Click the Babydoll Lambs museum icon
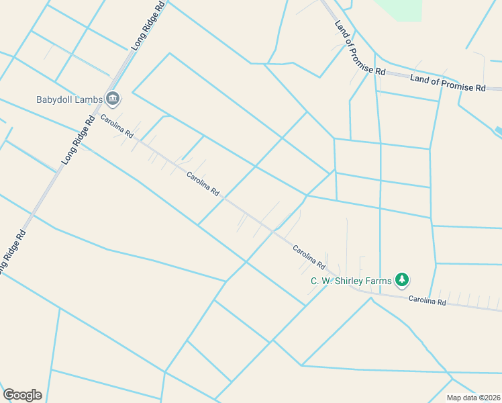pos(112,99)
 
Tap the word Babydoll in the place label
pos(54,100)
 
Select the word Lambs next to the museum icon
pos(89,100)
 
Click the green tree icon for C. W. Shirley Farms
pos(402,279)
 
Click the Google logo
pos(22,394)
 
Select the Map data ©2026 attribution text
pos(474,398)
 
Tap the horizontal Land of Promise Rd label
pos(448,83)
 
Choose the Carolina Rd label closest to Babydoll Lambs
pos(117,126)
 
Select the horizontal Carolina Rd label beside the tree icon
pos(428,302)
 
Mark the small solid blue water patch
pos(498,130)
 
